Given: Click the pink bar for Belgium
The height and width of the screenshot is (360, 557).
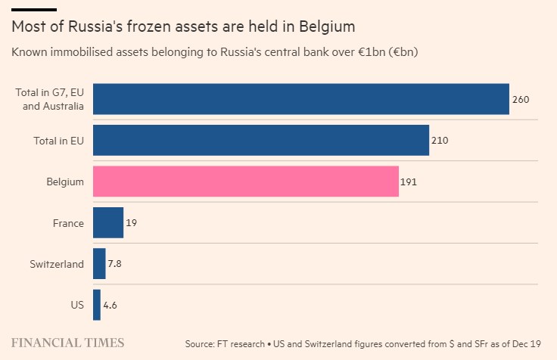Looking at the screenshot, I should point(245,182).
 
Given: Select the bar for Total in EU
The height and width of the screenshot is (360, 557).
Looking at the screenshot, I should point(260,140).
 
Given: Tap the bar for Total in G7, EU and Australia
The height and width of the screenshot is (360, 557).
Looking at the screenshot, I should point(300,99).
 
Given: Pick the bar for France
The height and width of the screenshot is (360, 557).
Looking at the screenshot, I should point(107,222).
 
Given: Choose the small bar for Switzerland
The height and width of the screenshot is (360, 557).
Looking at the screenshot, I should point(99,264).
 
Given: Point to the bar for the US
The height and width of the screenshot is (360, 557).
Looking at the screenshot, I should point(96,305).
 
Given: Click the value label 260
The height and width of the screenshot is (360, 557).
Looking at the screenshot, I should point(520,99).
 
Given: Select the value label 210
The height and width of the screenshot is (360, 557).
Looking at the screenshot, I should point(440,141).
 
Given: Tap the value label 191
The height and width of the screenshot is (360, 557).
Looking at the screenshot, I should point(409,182).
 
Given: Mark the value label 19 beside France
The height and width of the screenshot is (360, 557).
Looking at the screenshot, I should point(131,223).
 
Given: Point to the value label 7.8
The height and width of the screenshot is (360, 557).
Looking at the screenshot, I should point(115,264).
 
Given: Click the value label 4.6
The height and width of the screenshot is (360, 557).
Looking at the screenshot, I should point(110,306).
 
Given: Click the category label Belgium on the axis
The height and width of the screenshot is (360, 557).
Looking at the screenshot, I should point(65,182).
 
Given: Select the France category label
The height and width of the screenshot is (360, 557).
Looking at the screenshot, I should point(68,223).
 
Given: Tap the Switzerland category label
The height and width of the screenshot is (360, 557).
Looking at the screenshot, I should point(57,264).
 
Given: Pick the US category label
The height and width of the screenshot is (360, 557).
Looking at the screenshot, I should point(76,306).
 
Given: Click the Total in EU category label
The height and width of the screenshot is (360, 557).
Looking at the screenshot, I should point(58,141).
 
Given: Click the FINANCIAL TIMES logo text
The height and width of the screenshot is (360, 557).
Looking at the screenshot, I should point(67,343).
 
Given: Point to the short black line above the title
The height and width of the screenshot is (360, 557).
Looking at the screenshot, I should point(34,9).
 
